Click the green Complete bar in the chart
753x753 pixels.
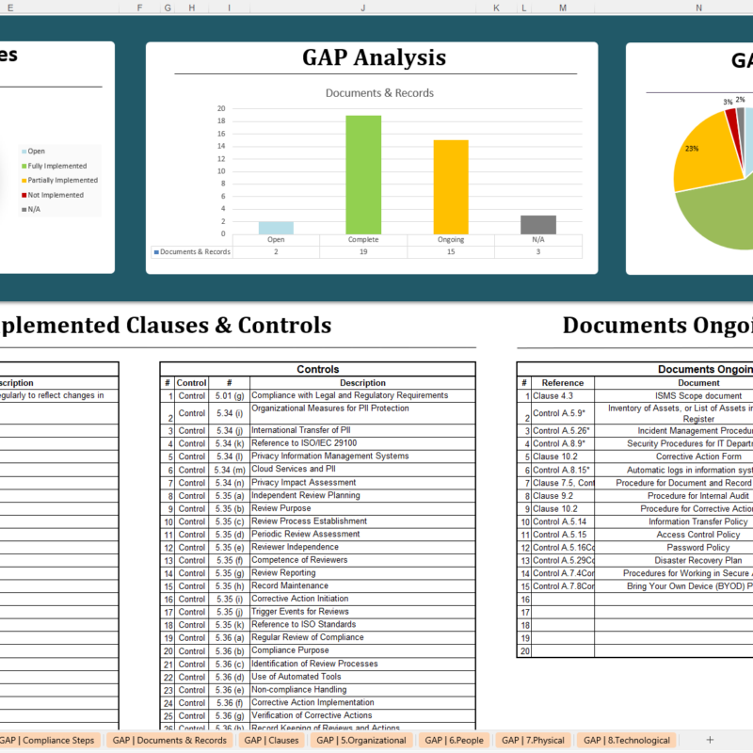(x=363, y=174)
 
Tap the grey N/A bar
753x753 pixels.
(x=538, y=224)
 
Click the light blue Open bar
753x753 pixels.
(x=276, y=228)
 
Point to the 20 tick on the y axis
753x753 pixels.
(x=221, y=108)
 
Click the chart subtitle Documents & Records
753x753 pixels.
(x=379, y=93)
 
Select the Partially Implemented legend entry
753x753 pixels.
(x=62, y=180)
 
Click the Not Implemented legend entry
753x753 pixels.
(x=56, y=195)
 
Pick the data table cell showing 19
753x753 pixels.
(x=363, y=251)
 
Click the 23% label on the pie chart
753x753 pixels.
(x=692, y=149)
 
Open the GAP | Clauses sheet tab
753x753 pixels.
(x=271, y=740)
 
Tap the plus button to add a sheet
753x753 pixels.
(x=710, y=740)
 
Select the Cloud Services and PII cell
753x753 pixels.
(x=293, y=469)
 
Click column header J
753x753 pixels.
(x=362, y=8)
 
